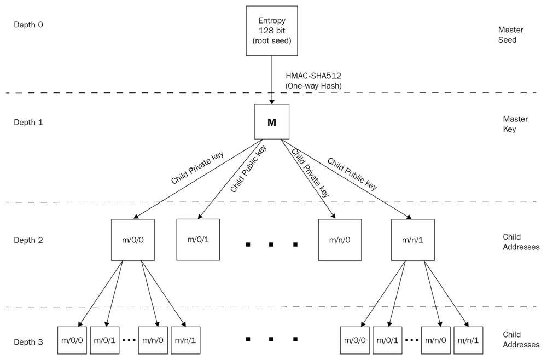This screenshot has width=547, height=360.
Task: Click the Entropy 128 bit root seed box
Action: [271, 31]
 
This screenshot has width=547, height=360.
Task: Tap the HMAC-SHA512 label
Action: [310, 77]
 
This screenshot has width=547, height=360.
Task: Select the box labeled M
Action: [271, 123]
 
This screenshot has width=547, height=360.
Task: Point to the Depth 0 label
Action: [28, 25]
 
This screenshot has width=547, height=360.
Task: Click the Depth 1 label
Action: [28, 122]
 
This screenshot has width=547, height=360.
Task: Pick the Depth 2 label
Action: [28, 240]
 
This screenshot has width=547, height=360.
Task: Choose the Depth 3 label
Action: [28, 342]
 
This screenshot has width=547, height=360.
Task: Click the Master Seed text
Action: [507, 34]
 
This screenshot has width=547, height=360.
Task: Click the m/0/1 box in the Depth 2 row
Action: [198, 239]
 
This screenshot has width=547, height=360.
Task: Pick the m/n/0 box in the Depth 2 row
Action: [340, 239]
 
